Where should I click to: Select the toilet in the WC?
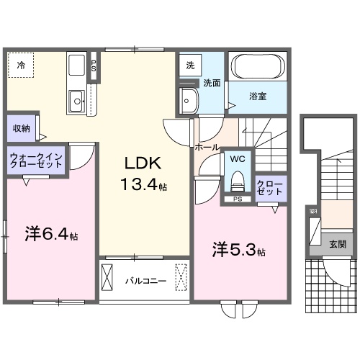[x=237, y=177]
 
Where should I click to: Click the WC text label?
[x=237, y=158]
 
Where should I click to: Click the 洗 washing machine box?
[x=191, y=66]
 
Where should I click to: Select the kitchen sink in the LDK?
[x=76, y=102]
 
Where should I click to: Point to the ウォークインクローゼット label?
[x=36, y=160]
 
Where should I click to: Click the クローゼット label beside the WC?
[x=270, y=187]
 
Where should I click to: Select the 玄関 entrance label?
[x=337, y=244]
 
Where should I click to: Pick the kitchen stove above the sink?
[x=77, y=68]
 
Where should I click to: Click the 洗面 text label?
[x=210, y=84]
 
